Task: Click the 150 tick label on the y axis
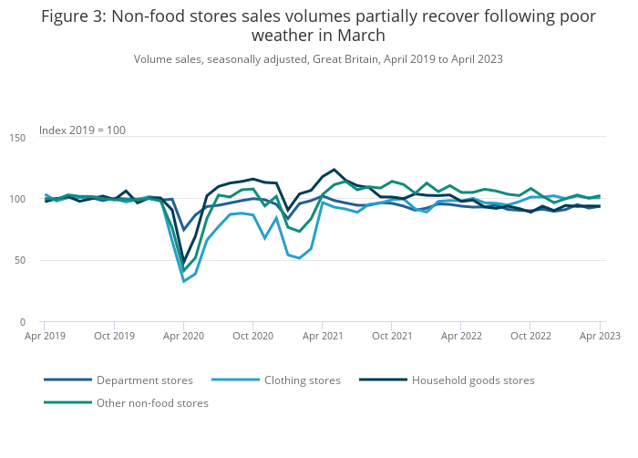pyautogui.click(x=16, y=137)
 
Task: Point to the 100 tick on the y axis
pyautogui.click(x=16, y=199)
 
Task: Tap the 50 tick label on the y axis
pyautogui.click(x=19, y=260)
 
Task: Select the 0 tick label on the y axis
pyautogui.click(x=23, y=322)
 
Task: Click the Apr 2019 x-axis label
pyautogui.click(x=44, y=336)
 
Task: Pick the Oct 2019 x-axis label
pyautogui.click(x=114, y=336)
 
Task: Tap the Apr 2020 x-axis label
pyautogui.click(x=183, y=336)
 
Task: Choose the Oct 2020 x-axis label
pyautogui.click(x=253, y=336)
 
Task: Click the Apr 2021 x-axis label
pyautogui.click(x=323, y=336)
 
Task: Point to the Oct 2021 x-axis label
pyautogui.click(x=392, y=336)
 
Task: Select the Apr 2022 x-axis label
pyautogui.click(x=461, y=336)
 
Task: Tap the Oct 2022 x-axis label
pyautogui.click(x=531, y=336)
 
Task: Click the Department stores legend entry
pyautogui.click(x=144, y=380)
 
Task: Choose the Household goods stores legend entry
pyautogui.click(x=473, y=380)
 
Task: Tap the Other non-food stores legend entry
pyautogui.click(x=152, y=402)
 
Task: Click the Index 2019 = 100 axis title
pyautogui.click(x=82, y=130)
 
